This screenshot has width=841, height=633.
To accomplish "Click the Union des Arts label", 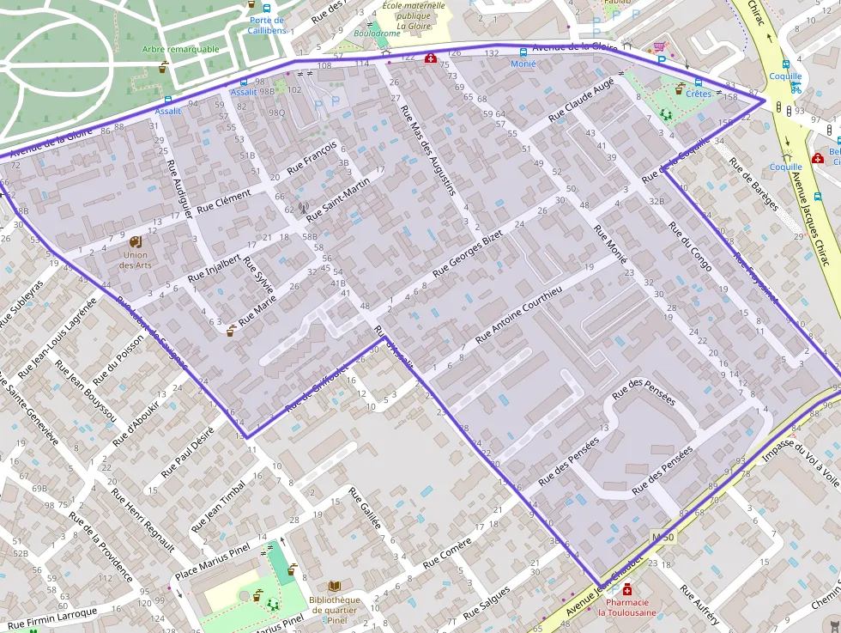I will [x=135, y=259].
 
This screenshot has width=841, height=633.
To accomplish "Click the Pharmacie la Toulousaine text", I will [x=626, y=607].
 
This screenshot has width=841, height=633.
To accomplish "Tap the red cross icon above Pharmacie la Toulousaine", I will [x=627, y=590].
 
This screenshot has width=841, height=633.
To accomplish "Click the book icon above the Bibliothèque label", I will [x=335, y=586].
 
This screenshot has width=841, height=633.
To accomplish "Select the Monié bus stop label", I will [x=523, y=64].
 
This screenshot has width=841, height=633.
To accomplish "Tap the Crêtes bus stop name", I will [x=699, y=93].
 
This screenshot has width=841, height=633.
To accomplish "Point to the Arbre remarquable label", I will [x=181, y=49].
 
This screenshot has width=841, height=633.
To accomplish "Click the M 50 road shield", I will [x=663, y=537].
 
